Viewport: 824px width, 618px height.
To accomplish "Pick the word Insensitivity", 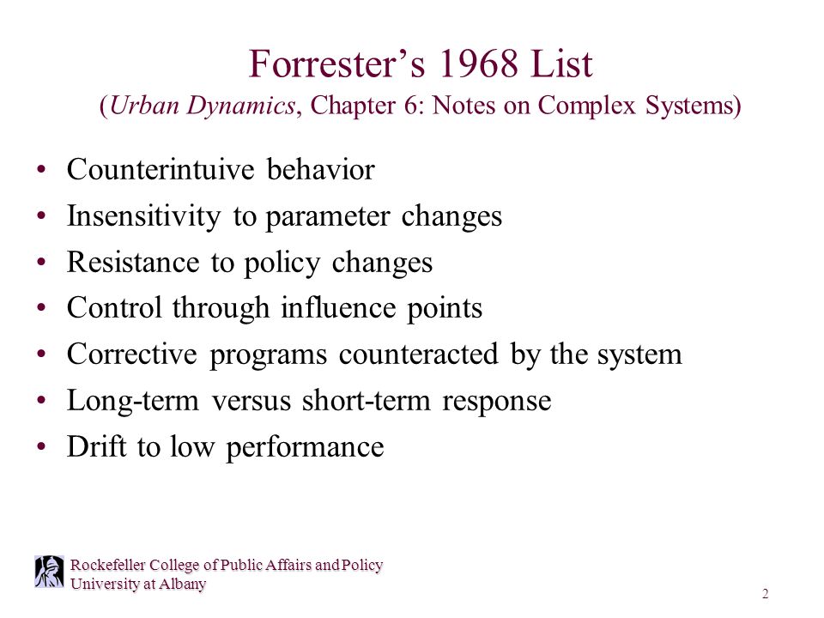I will point(143,216).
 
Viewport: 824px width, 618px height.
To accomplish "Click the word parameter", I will point(330,216).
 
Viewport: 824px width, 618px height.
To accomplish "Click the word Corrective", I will point(132,355).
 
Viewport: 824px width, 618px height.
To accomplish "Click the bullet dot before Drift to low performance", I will point(42,448).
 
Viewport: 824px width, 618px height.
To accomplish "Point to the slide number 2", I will point(765,595).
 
